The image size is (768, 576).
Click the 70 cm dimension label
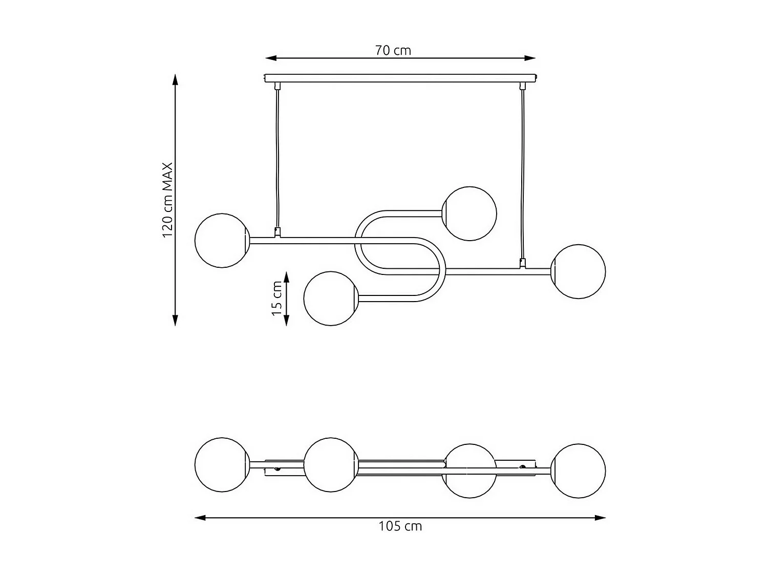tap(393, 50)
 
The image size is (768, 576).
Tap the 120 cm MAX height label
tap(168, 200)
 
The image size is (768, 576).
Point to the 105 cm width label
tap(400, 526)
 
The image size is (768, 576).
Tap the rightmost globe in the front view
tap(578, 271)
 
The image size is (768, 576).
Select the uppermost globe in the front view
tap(469, 214)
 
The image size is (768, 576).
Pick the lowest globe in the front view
tap(330, 298)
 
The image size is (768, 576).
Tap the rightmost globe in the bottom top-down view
tap(579, 471)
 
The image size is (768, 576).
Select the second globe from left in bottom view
tap(330, 465)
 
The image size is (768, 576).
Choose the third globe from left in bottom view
tap(470, 471)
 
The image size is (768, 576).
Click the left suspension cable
tap(277, 159)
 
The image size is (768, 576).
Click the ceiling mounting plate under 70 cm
tap(400, 78)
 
